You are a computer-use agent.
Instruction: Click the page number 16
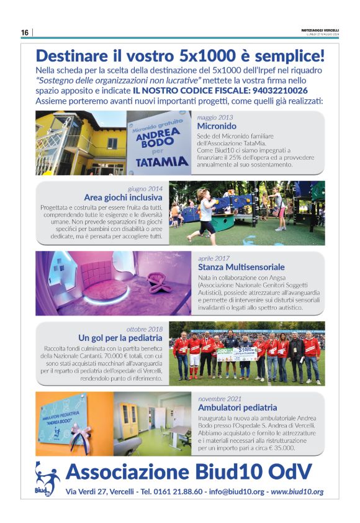point(25,32)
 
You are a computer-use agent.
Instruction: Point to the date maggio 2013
point(215,117)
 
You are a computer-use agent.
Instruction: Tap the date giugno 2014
point(146,188)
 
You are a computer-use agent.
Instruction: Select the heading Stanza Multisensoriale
point(242,266)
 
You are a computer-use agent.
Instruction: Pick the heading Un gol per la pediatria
point(120,338)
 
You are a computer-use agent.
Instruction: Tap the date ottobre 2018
point(145,329)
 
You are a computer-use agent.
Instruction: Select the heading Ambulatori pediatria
point(237,407)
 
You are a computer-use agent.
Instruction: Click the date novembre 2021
point(220,398)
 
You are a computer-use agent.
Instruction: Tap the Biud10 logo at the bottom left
point(47,478)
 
